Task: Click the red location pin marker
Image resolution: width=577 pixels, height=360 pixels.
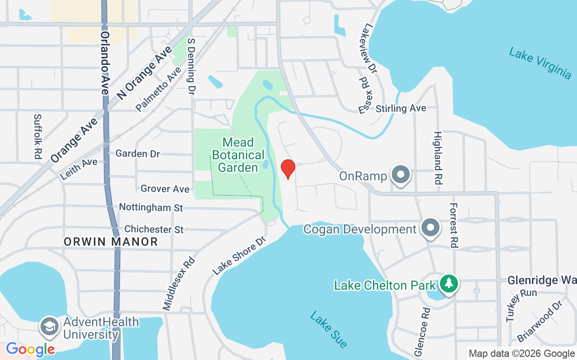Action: point(288,169)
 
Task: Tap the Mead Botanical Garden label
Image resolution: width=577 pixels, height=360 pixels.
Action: point(238,155)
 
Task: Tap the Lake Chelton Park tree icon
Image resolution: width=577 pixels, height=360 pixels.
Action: point(449,284)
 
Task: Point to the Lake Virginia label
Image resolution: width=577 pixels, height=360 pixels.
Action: point(540,63)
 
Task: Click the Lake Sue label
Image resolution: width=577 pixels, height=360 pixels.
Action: point(329,329)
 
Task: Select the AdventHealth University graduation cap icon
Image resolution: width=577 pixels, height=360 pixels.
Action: point(49,327)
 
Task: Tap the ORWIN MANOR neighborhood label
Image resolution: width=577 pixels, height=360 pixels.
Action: point(111,242)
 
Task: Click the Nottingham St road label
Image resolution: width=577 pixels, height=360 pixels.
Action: point(151,207)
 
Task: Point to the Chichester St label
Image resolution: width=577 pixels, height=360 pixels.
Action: point(154,229)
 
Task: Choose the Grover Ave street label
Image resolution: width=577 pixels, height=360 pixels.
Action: point(165,189)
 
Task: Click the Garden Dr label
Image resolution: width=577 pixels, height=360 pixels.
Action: point(137,153)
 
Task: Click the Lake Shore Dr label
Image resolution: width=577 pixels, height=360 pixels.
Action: point(239,255)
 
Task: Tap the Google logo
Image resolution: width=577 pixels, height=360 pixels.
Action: point(30,349)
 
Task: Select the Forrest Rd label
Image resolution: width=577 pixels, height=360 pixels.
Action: point(453,225)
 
